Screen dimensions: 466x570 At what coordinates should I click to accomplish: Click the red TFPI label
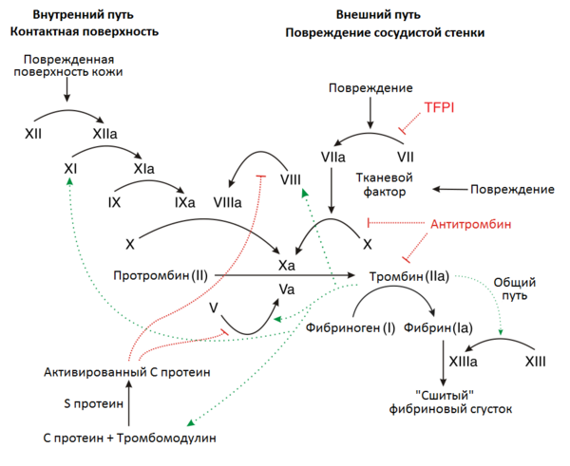tap(441, 107)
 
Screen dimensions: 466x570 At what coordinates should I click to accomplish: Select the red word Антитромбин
tap(471, 225)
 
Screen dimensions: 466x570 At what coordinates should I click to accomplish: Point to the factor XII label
tap(33, 136)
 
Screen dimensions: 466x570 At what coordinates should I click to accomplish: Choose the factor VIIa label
tap(333, 155)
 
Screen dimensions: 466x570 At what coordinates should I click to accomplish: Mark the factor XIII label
tap(538, 363)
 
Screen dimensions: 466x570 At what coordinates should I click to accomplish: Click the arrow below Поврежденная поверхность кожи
tap(67, 91)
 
